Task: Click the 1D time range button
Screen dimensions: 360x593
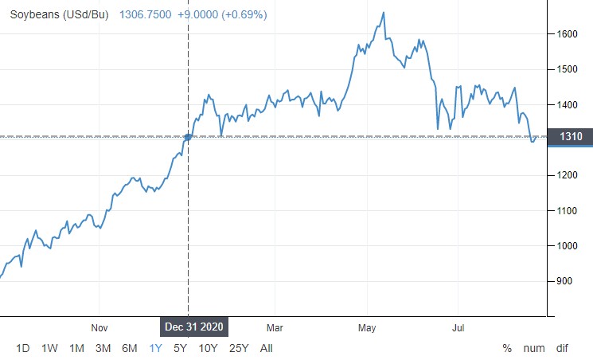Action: click(23, 348)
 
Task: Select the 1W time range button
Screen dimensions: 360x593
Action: click(49, 348)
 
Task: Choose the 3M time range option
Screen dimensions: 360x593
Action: click(103, 348)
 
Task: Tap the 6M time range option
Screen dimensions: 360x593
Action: click(129, 348)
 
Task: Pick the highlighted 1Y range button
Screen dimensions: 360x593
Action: click(156, 348)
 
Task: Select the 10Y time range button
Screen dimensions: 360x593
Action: click(208, 348)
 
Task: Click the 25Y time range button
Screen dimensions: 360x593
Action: click(239, 348)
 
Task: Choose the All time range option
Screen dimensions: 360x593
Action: click(266, 348)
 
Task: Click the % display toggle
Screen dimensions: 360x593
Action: click(507, 348)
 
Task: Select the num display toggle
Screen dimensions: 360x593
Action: click(533, 348)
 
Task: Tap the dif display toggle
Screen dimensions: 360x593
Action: click(562, 348)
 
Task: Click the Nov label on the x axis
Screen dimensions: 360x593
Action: click(99, 327)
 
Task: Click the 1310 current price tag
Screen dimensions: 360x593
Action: click(571, 137)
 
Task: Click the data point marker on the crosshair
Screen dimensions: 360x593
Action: click(188, 137)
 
